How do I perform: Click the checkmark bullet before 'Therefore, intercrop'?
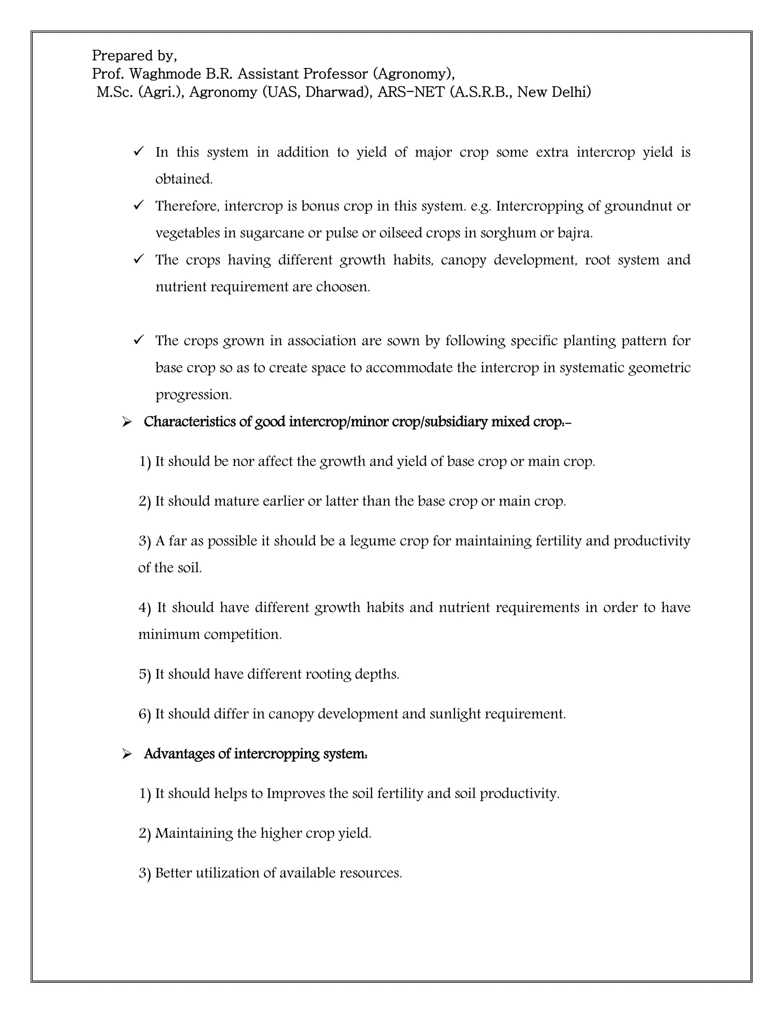tap(139, 205)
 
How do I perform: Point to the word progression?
tap(193, 395)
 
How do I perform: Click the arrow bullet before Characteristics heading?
tap(127, 422)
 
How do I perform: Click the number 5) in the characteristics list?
tap(145, 674)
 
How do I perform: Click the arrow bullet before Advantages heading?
tap(127, 754)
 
